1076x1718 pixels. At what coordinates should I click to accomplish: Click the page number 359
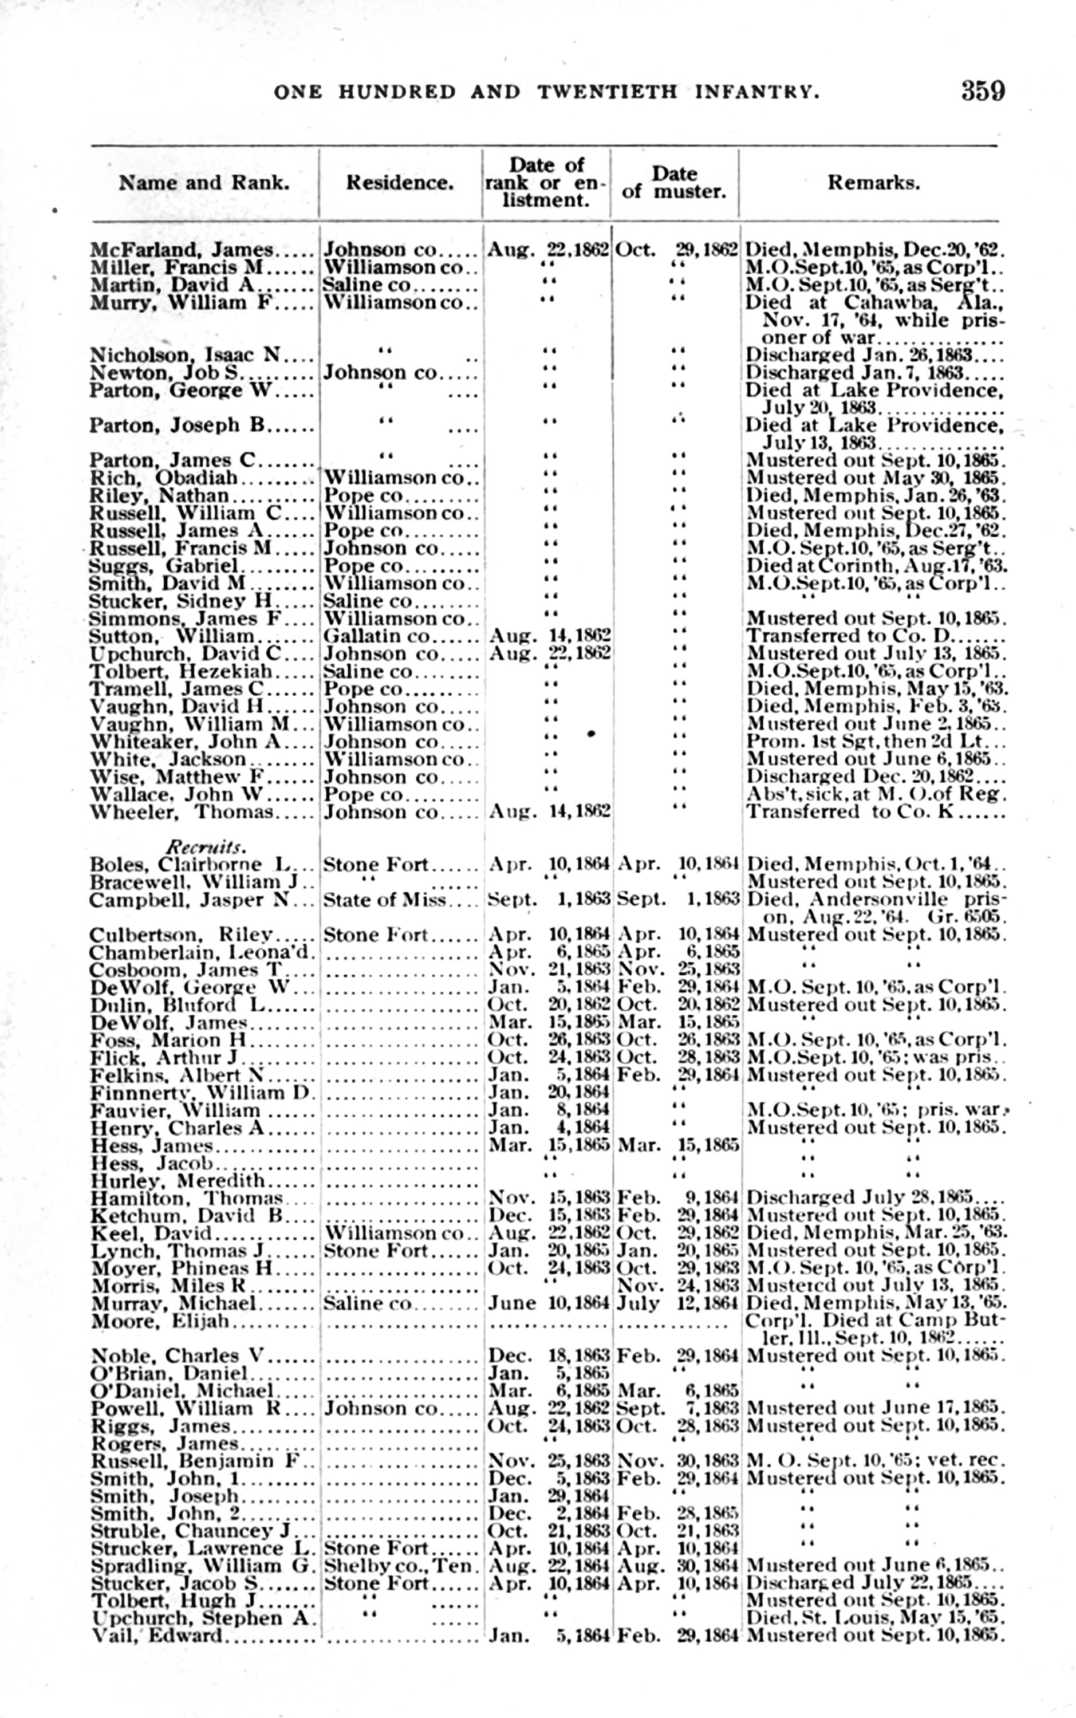[983, 91]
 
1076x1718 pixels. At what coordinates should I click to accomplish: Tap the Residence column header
[399, 183]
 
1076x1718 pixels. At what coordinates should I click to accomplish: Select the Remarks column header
[873, 183]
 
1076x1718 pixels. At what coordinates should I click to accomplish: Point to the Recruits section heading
[206, 847]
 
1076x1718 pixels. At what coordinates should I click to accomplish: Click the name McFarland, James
[182, 250]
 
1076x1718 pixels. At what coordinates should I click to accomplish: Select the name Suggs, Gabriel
[163, 566]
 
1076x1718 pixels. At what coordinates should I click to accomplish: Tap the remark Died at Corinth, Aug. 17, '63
[876, 566]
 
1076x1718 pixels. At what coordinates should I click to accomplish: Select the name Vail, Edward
[157, 1636]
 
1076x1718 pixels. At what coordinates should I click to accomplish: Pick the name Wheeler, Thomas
[182, 812]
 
